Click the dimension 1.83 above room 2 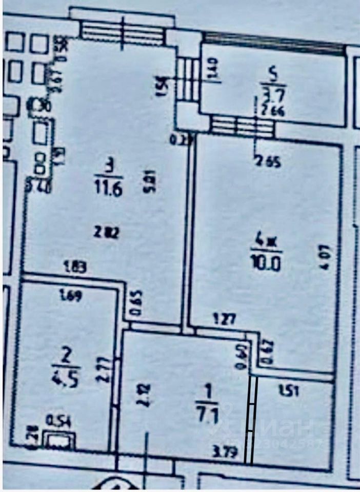tap(74, 266)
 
